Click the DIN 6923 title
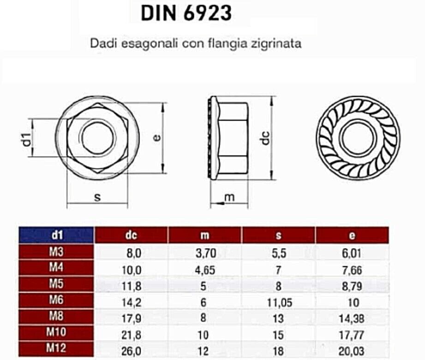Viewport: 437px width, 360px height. click(x=186, y=14)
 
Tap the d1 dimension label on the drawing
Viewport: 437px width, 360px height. click(x=28, y=138)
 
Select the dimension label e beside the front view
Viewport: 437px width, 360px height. click(x=157, y=137)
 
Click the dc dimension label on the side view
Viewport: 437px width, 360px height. click(x=265, y=138)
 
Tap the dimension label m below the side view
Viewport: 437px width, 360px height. click(x=229, y=198)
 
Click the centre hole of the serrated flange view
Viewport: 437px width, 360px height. click(x=358, y=137)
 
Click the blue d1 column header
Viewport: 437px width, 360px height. click(x=56, y=235)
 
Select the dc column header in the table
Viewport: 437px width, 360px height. click(x=131, y=235)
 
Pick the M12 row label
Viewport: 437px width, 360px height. click(x=56, y=349)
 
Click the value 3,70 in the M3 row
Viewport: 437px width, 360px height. click(x=205, y=253)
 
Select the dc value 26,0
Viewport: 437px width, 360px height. click(x=131, y=351)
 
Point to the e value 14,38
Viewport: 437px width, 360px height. click(x=352, y=318)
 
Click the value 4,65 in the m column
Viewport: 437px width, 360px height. click(x=205, y=270)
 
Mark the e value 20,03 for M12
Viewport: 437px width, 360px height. click(x=352, y=351)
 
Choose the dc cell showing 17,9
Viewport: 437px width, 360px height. click(x=131, y=318)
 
